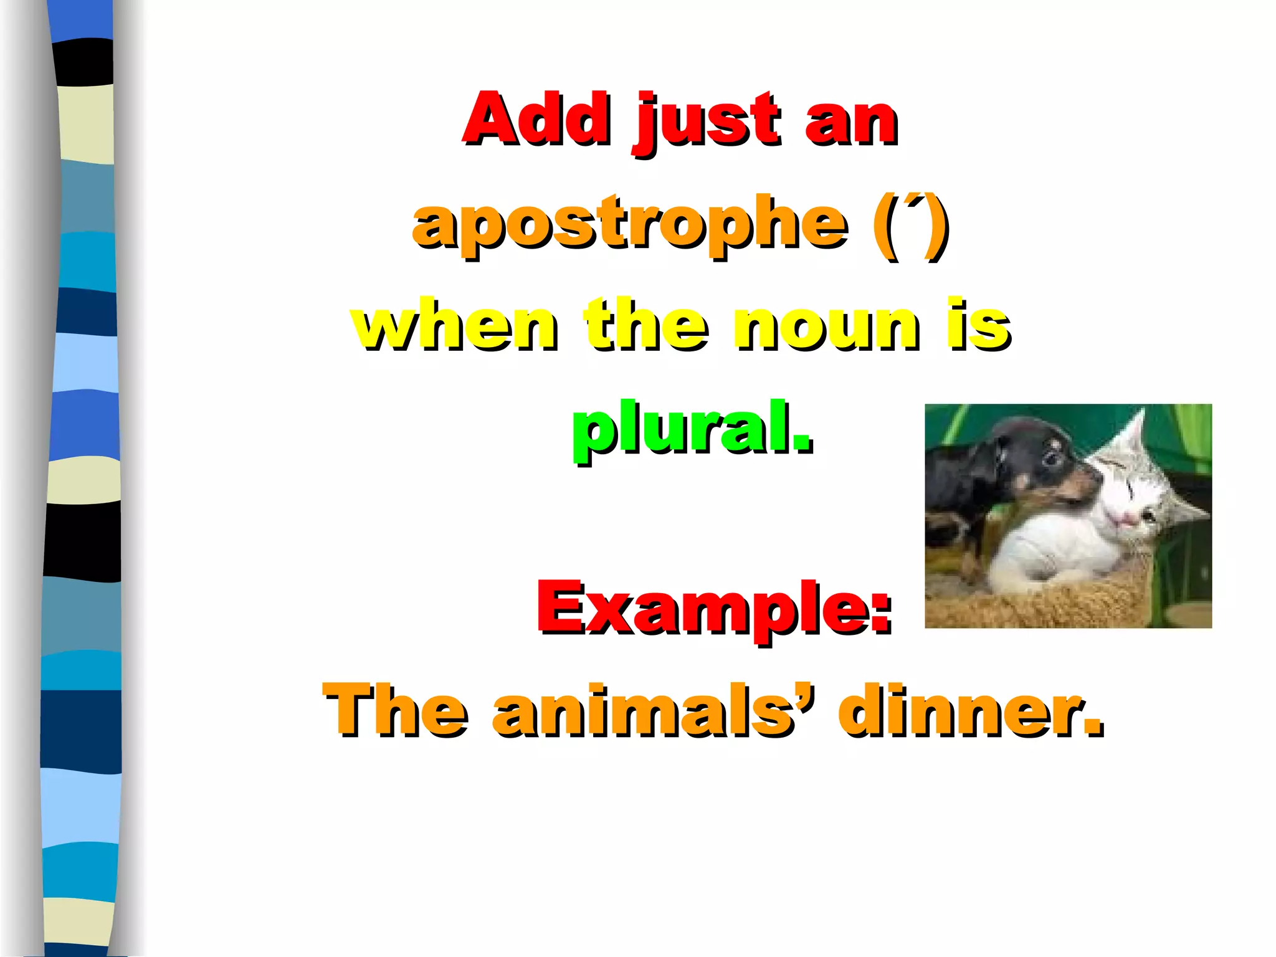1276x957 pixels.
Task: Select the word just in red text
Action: pos(708,121)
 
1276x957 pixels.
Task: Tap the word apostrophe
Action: pos(629,224)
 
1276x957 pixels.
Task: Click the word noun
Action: pos(826,325)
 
